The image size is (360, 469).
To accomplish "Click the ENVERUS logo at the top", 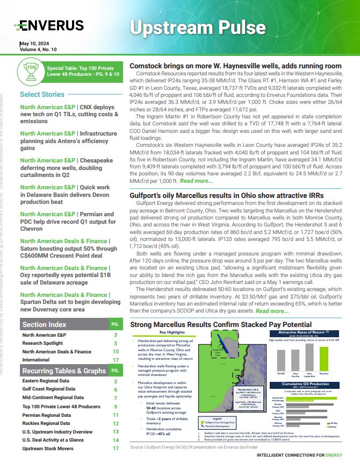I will pos(51,25).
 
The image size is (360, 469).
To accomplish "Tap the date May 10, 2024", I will pos(38,43).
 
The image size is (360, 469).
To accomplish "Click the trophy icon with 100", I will pos(31,71).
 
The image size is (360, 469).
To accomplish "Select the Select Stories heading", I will pos(42,95).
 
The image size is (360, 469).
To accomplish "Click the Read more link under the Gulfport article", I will pos(272,311).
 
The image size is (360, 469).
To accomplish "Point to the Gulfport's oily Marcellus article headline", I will pos(227,196).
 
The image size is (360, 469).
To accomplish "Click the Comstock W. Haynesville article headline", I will pos(236,66).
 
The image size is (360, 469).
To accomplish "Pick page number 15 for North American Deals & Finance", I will pos(116,352).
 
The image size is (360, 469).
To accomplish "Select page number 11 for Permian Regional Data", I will pos(116,415).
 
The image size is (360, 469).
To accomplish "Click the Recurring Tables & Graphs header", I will pos(64,371).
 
